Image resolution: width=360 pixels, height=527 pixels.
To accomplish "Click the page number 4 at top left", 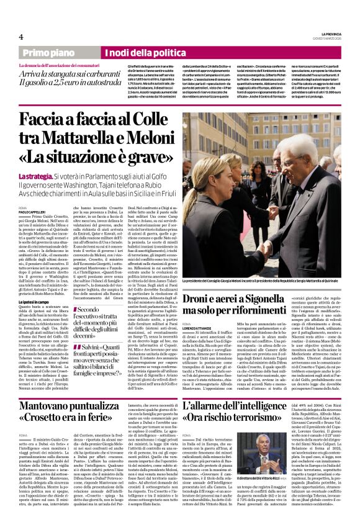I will [x=21, y=36].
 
